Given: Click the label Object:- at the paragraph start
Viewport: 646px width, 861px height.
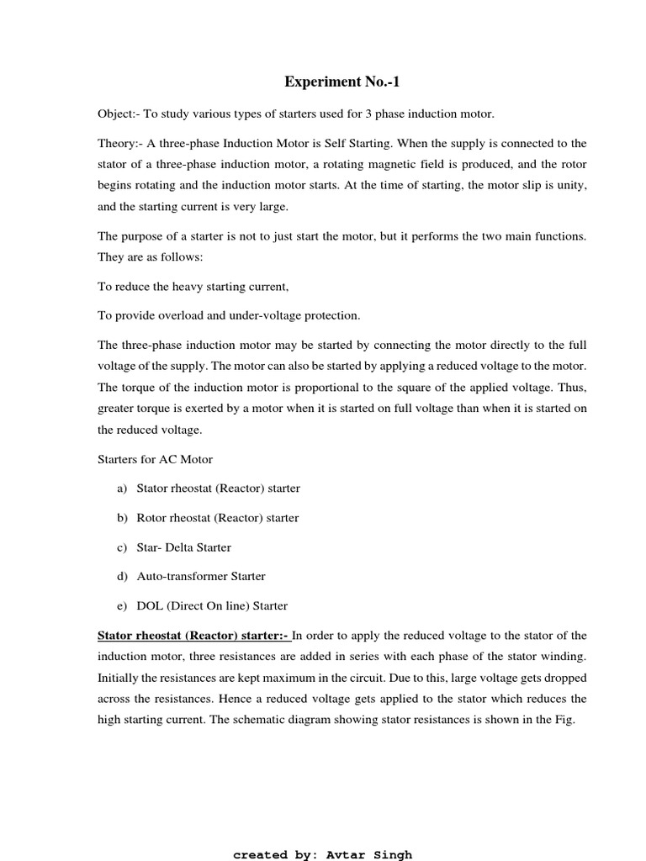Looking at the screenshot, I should point(118,114).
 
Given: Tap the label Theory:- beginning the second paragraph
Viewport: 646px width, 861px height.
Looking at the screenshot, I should point(119,144).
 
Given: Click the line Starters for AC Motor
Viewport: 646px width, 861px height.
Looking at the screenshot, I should point(155,459).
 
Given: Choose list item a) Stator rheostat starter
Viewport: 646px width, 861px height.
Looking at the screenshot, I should point(217,489).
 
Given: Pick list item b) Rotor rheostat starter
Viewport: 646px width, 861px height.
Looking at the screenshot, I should point(216,518).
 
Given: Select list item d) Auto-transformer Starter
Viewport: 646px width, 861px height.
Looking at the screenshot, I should point(200,577).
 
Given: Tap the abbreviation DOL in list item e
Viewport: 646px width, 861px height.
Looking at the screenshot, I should point(151,606).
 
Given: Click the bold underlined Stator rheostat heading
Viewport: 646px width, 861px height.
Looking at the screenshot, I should point(193,635).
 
